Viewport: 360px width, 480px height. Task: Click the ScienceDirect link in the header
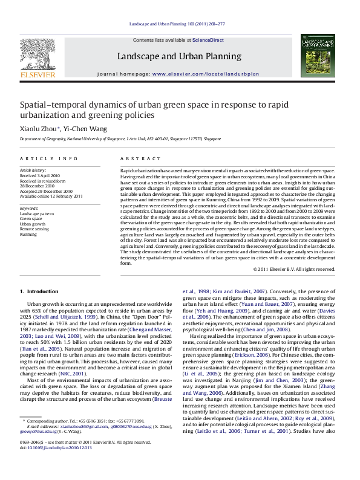pyautogui.click(x=209, y=40)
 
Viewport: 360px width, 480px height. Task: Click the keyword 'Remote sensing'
pyautogui.click(x=34, y=229)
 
